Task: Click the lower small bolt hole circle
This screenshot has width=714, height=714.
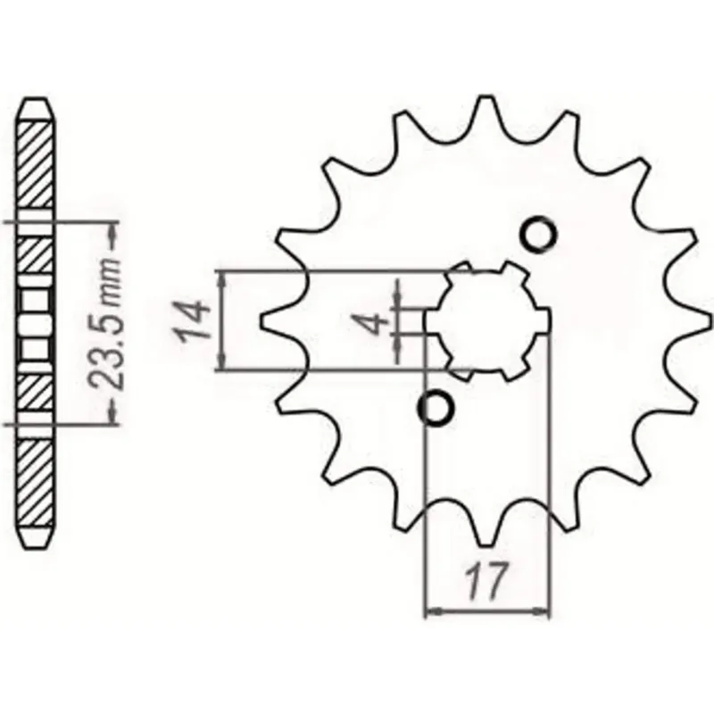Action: click(x=436, y=408)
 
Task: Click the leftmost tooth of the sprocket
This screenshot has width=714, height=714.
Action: click(x=272, y=320)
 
